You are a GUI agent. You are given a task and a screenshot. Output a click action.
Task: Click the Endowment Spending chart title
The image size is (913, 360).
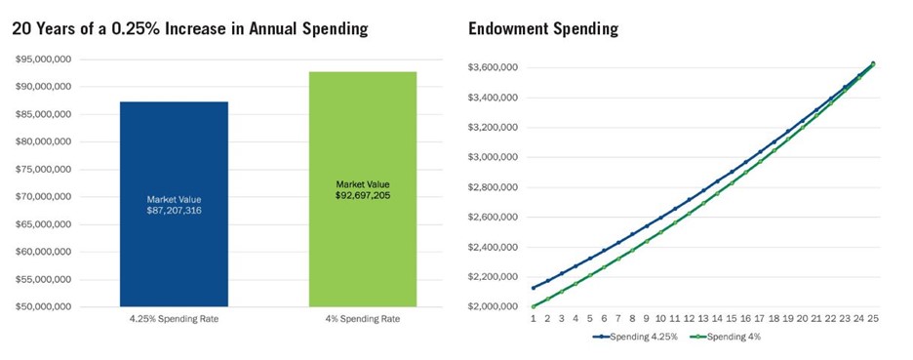pyautogui.click(x=543, y=29)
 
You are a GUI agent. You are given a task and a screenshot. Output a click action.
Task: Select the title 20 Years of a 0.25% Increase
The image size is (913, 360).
pyautogui.click(x=190, y=29)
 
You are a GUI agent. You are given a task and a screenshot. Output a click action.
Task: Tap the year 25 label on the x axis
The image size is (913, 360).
pyautogui.click(x=873, y=318)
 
